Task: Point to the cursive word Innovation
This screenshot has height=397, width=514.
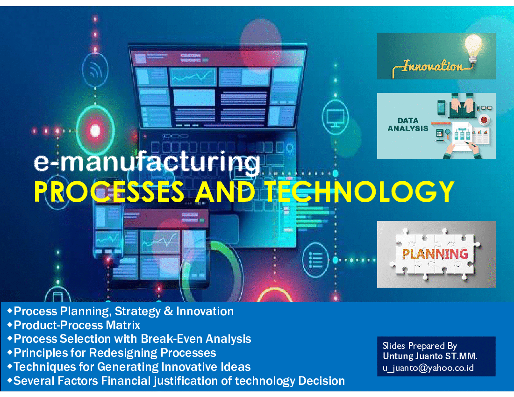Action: click(433, 66)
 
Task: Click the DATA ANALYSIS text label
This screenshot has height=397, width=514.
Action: click(408, 125)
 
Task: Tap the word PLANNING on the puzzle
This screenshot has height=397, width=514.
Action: click(435, 254)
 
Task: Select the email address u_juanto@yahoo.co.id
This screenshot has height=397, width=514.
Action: click(428, 368)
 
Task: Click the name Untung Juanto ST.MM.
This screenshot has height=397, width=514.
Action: click(430, 356)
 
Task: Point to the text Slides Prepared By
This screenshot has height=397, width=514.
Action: click(420, 346)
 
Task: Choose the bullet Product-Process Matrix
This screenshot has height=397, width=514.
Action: click(77, 325)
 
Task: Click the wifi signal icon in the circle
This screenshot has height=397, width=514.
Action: click(95, 70)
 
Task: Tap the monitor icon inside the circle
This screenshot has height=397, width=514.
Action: click(335, 117)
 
